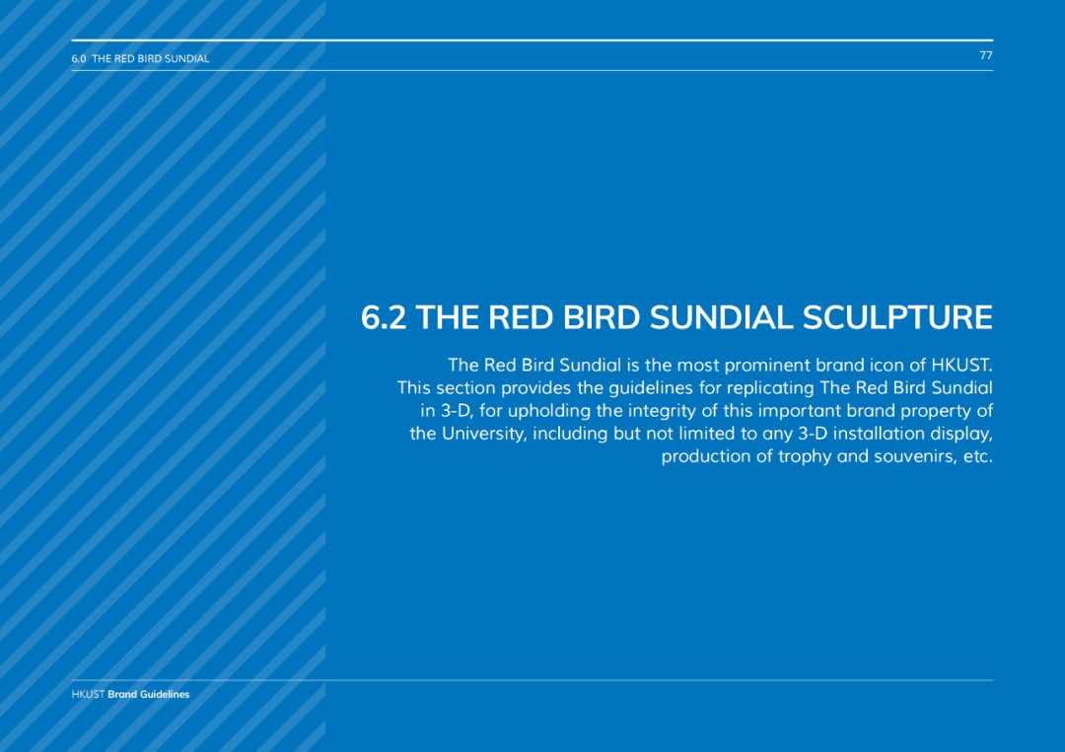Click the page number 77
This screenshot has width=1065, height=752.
pos(986,55)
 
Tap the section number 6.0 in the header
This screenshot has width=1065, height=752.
pos(79,59)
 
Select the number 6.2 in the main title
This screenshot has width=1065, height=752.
pos(384,317)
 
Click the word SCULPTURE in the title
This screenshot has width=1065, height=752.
pos(897,317)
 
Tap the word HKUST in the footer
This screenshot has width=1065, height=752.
pos(89,694)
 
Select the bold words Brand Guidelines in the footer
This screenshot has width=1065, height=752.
pos(149,694)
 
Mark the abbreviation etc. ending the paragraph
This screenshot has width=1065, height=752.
pos(978,456)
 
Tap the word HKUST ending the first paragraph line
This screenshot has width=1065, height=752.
pos(961,365)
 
